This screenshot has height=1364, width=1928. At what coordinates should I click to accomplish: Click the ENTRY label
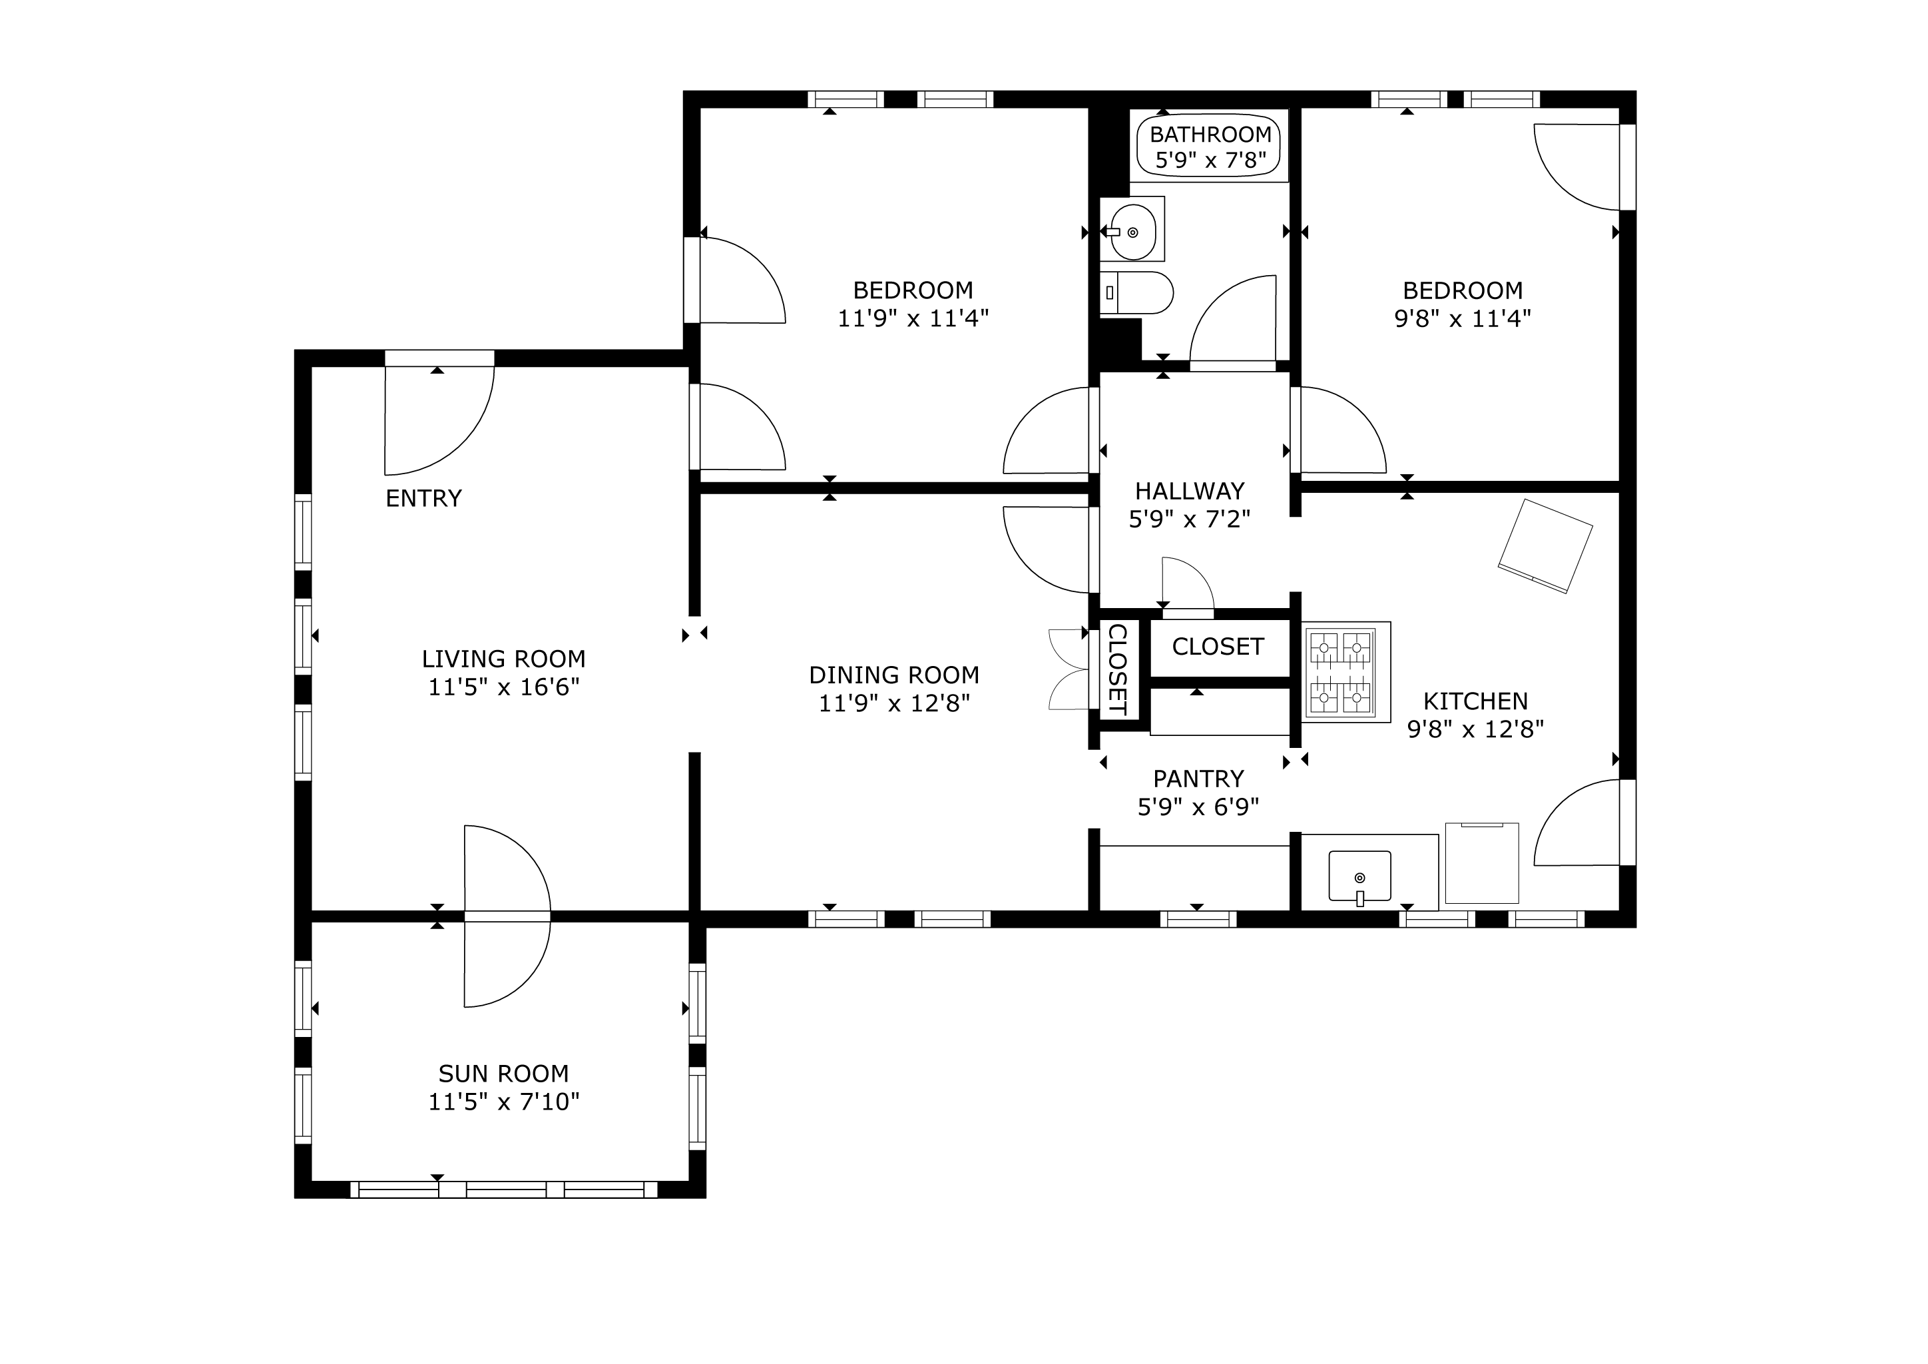(423, 499)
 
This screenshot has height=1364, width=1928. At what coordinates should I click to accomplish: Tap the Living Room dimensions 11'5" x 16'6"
(504, 687)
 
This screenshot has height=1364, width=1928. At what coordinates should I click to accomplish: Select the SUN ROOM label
(504, 1074)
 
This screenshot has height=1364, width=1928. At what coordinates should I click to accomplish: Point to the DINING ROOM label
(894, 675)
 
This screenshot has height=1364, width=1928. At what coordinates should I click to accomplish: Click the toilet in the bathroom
(1136, 293)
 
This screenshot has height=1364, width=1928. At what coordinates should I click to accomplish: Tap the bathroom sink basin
(1133, 232)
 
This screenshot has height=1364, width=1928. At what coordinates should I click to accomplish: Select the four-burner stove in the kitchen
(1346, 672)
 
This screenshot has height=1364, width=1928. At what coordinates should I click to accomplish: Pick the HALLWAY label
(1190, 492)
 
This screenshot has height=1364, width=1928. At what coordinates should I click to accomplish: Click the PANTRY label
(1198, 779)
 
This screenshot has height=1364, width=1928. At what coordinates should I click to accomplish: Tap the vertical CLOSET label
(1118, 669)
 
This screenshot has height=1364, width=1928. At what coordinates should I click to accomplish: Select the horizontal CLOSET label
(1218, 647)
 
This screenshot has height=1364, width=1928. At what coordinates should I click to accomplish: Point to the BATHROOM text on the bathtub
(1211, 135)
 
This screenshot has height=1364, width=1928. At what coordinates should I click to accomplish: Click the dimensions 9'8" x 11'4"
(1463, 318)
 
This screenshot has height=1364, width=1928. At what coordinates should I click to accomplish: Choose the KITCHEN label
(1475, 701)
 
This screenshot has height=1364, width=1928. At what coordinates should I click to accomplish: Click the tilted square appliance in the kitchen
(1545, 546)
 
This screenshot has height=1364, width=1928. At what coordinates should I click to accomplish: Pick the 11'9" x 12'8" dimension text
(894, 703)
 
